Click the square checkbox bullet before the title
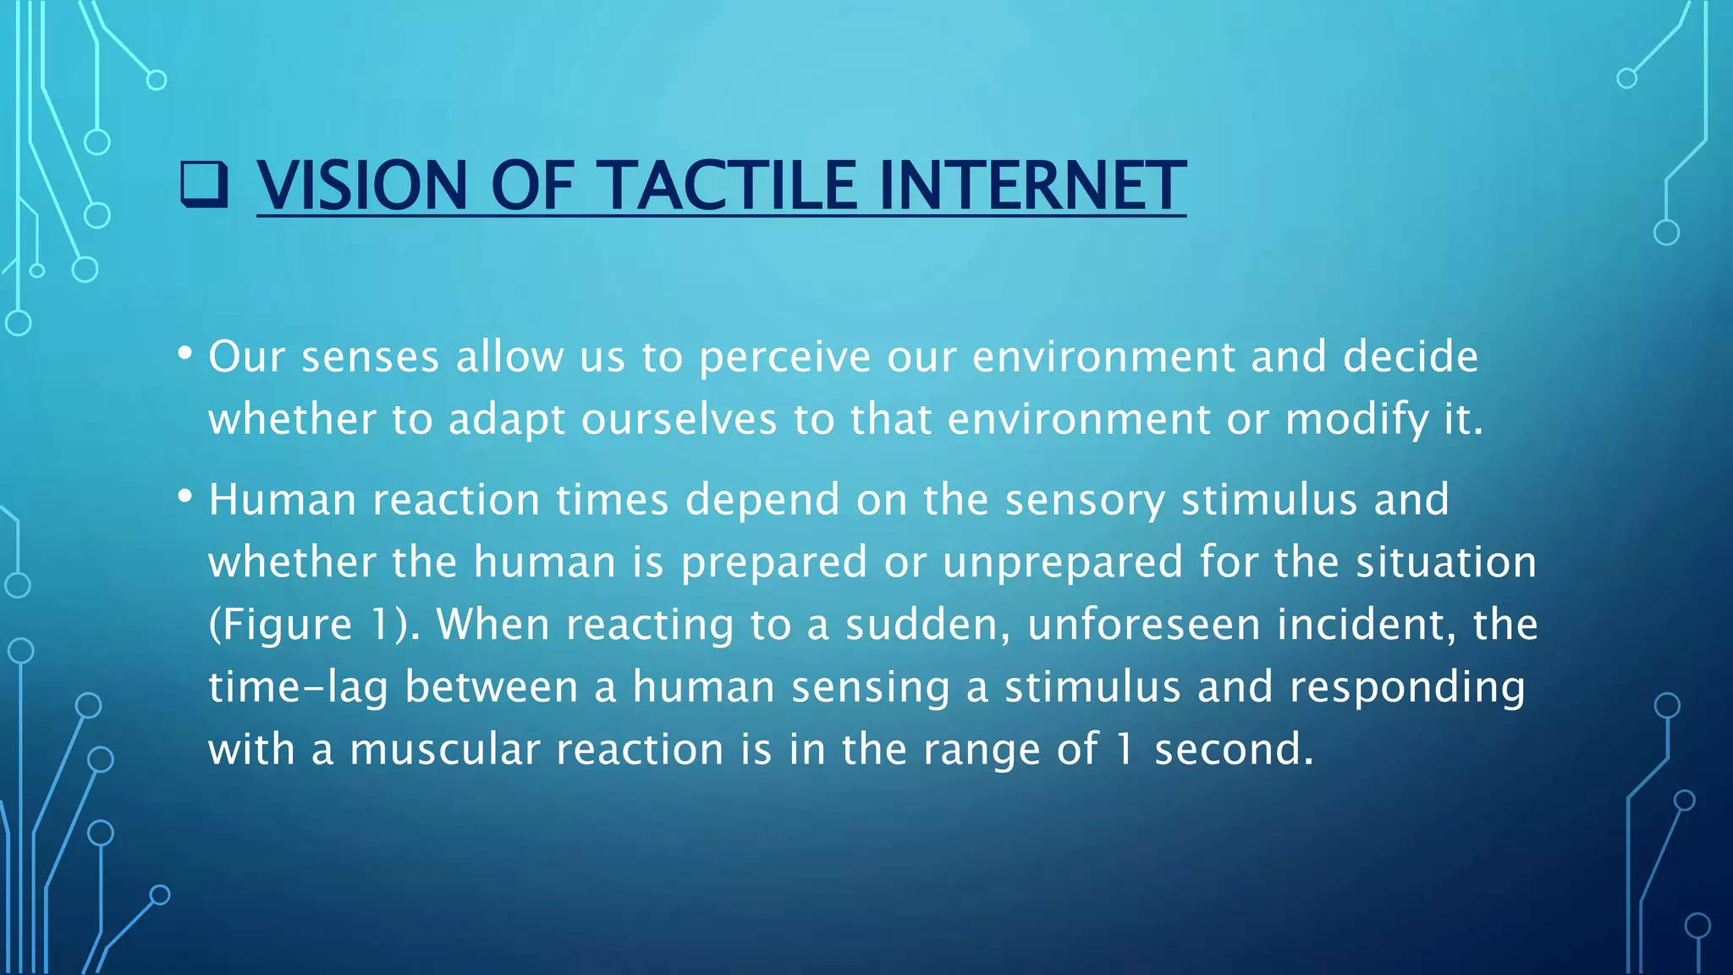pyautogui.click(x=204, y=185)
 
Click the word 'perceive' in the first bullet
pyautogui.click(x=784, y=357)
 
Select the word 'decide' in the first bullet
pyautogui.click(x=1410, y=356)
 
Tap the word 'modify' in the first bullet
pyautogui.click(x=1356, y=420)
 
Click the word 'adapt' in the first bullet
pyautogui.click(x=506, y=420)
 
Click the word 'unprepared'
pyautogui.click(x=1062, y=563)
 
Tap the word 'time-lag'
pyautogui.click(x=298, y=687)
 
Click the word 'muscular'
pyautogui.click(x=444, y=750)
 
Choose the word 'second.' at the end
pyautogui.click(x=1234, y=750)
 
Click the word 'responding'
pyautogui.click(x=1407, y=687)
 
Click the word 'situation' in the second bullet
pyautogui.click(x=1446, y=563)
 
